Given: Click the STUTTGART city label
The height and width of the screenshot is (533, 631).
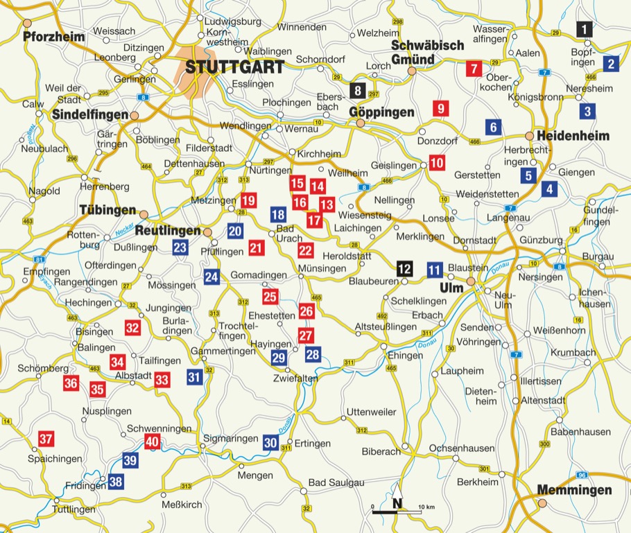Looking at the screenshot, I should pyautogui.click(x=234, y=67).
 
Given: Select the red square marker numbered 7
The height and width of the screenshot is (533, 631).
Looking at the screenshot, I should pyautogui.click(x=474, y=69).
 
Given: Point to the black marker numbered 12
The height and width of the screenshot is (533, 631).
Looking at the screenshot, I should pyautogui.click(x=404, y=268).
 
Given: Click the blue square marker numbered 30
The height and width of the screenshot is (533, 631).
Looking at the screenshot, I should pyautogui.click(x=270, y=442).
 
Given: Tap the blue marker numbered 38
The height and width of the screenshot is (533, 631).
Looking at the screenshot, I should pyautogui.click(x=116, y=481).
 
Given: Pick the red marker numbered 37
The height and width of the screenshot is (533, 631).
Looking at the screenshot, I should pyautogui.click(x=46, y=439).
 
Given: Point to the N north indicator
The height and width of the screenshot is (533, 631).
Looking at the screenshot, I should pyautogui.click(x=397, y=504).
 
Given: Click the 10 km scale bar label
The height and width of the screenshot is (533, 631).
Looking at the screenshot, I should pyautogui.click(x=426, y=508).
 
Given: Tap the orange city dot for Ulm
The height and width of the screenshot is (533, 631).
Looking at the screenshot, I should pyautogui.click(x=471, y=281).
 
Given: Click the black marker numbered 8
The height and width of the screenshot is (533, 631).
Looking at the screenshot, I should pyautogui.click(x=357, y=90).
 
